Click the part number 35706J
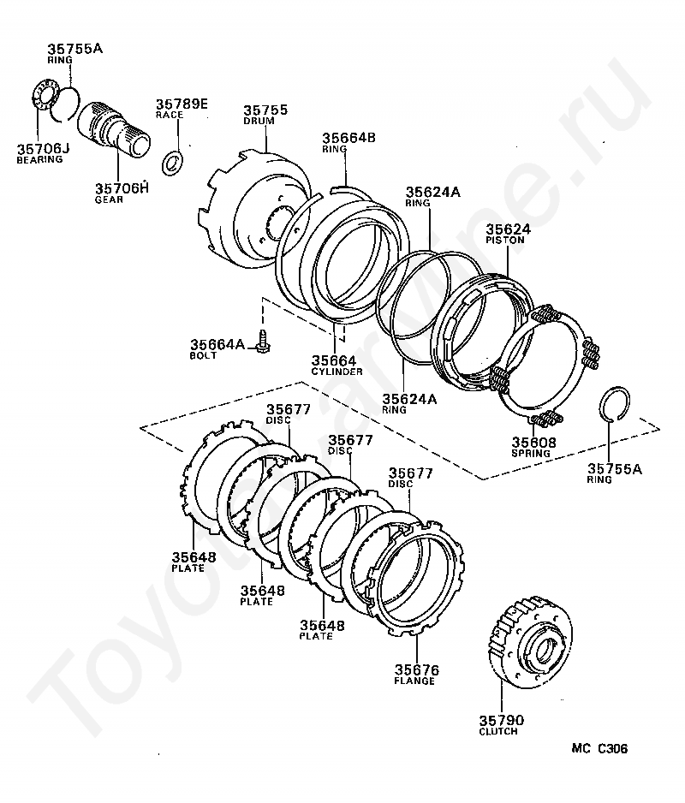(x=40, y=148)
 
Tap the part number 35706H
(x=121, y=188)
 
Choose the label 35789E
(x=182, y=104)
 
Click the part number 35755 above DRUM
(x=265, y=110)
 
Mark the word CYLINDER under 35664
(x=337, y=372)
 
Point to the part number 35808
(x=533, y=443)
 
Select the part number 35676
(x=416, y=669)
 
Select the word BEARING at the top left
(x=39, y=159)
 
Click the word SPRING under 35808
(x=533, y=454)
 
